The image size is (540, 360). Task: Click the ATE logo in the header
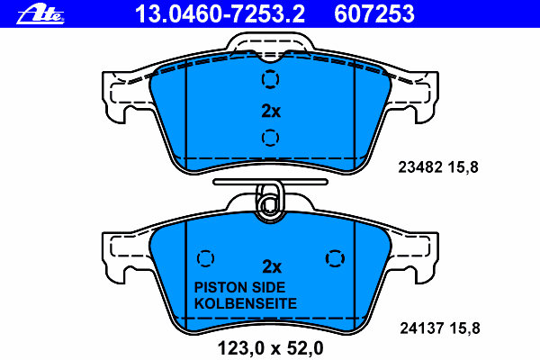click(40, 14)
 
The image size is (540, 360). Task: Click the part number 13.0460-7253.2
click(220, 13)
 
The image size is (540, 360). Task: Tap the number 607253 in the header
click(374, 13)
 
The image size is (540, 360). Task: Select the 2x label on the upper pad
click(271, 111)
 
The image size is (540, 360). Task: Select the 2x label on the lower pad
click(272, 266)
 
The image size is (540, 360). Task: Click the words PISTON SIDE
click(239, 287)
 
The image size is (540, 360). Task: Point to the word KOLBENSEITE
click(246, 303)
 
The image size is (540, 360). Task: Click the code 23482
click(420, 167)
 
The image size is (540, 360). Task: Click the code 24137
click(422, 328)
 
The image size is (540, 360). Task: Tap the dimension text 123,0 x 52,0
click(271, 348)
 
